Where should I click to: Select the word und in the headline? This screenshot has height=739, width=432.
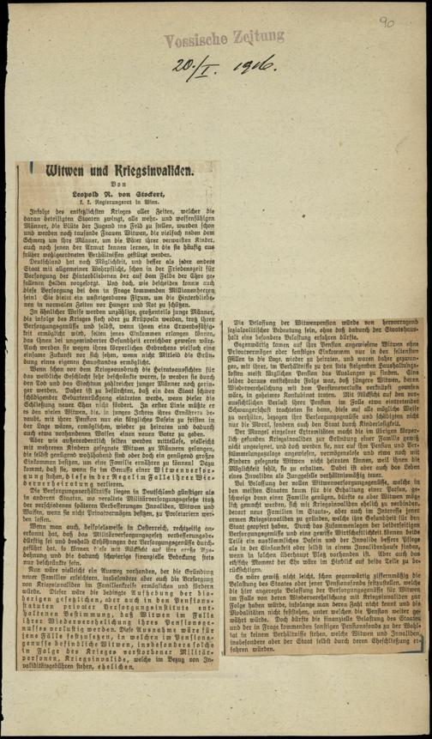coord(93,172)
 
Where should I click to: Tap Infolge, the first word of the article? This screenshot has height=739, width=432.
coord(45,219)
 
